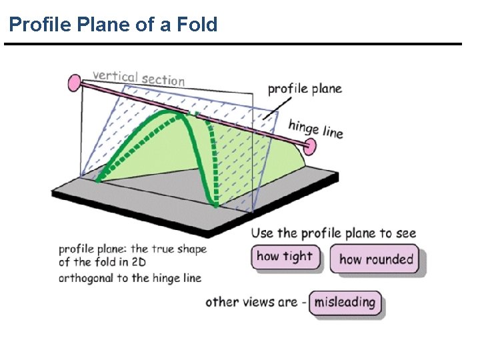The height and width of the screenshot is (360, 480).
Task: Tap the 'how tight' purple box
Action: tap(285, 257)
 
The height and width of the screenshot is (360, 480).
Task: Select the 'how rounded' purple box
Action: tap(376, 259)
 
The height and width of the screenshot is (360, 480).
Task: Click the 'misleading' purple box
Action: tap(345, 302)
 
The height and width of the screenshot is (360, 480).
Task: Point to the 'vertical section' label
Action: tap(139, 77)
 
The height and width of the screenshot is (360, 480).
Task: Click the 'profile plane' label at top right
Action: tap(304, 88)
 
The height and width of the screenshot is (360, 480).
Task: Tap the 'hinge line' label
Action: tap(316, 127)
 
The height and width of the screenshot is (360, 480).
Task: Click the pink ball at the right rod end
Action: tap(312, 145)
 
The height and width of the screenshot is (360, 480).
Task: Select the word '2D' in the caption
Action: tap(138, 263)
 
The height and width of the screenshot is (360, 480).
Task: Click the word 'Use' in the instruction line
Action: tap(263, 233)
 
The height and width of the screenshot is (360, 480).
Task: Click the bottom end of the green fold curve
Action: tap(215, 203)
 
